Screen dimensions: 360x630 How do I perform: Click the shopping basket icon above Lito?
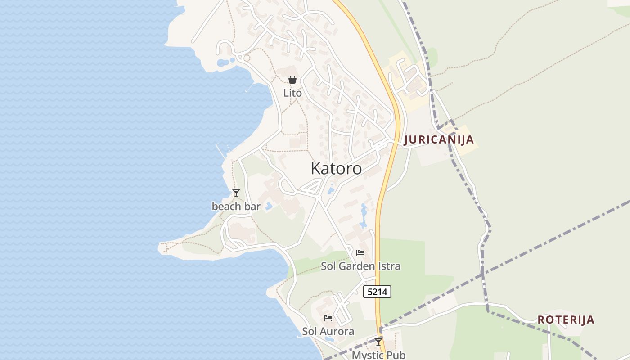pyautogui.click(x=292, y=80)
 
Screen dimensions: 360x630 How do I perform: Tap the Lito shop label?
pyautogui.click(x=292, y=93)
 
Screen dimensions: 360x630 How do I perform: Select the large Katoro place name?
pyautogui.click(x=336, y=168)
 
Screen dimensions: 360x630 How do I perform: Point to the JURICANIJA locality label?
pyautogui.click(x=439, y=139)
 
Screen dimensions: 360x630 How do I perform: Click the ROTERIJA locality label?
pyautogui.click(x=566, y=320)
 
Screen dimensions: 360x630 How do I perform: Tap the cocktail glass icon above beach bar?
pyautogui.click(x=236, y=193)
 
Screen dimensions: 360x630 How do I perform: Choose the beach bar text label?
pyautogui.click(x=236, y=207)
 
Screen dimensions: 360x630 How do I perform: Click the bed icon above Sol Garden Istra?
pyautogui.click(x=360, y=253)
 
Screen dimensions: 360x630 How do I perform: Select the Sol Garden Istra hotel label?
pyautogui.click(x=360, y=266)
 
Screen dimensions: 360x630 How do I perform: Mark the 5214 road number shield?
pyautogui.click(x=377, y=292)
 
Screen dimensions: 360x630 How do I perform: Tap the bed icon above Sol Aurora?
pyautogui.click(x=328, y=318)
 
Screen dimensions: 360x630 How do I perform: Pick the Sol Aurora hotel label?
pyautogui.click(x=328, y=331)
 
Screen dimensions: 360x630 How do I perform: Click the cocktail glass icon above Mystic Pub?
pyautogui.click(x=378, y=342)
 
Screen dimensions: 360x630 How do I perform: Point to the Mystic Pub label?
pyautogui.click(x=378, y=355)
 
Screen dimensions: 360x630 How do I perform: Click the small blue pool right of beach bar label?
pyautogui.click(x=269, y=207)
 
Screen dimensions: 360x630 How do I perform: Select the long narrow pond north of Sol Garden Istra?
pyautogui.click(x=364, y=215)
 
